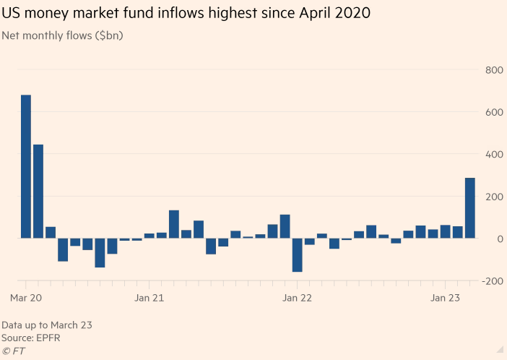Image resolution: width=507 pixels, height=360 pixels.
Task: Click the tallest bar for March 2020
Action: [x=26, y=166]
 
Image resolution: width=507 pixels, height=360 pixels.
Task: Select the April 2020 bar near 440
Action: [x=38, y=192]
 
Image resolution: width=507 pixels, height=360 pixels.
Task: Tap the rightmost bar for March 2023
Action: [x=469, y=208]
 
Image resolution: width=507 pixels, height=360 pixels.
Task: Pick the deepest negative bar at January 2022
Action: [x=297, y=255]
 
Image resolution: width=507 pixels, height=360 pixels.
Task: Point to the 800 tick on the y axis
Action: [x=495, y=70]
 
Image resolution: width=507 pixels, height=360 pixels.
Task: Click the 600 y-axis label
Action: [x=495, y=112]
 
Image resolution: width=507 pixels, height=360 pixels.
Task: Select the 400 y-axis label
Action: [x=495, y=154]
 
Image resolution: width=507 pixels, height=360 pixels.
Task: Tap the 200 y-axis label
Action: [x=495, y=197]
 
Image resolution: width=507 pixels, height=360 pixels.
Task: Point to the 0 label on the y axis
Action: [x=499, y=239]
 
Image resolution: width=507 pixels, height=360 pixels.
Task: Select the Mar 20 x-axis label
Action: [x=26, y=297]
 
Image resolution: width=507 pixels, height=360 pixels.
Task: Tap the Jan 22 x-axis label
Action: [x=297, y=297]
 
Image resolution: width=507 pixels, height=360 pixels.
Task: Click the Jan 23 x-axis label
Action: [x=445, y=297]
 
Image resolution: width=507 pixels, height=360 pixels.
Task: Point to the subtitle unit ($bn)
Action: [x=107, y=35]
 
